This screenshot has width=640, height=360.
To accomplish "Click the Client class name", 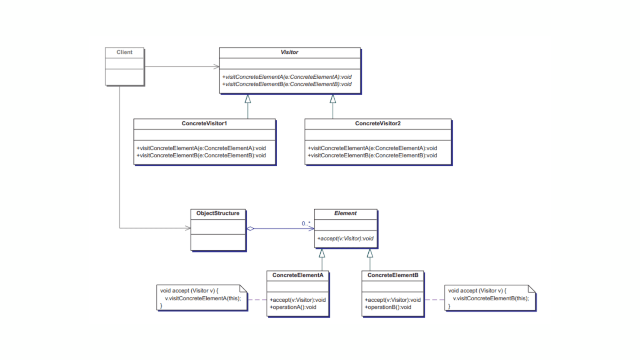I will point(124,52).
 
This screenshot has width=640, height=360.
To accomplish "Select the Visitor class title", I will point(289,52).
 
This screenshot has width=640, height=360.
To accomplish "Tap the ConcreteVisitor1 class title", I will point(204,124).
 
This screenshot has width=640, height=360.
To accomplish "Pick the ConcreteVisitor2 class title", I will point(377,124).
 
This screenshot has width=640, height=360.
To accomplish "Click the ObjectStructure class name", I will point(218,213).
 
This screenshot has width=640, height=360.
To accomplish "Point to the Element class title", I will point(345,213).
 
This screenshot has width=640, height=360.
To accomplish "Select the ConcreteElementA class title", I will point(297,275).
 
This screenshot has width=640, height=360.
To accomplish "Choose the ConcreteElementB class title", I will point(392,275).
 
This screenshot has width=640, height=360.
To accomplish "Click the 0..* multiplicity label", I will point(306,224).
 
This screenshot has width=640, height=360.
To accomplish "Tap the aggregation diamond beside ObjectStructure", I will point(250,229).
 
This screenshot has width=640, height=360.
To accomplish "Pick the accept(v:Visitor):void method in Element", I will point(345,239).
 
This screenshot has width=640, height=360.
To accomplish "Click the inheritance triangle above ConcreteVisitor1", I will point(248,99).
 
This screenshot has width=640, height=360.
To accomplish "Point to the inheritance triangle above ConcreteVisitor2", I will point(333,99).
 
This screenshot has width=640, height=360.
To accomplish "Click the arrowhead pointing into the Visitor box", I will point(216,67).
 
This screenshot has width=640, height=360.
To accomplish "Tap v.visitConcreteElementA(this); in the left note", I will point(203,299).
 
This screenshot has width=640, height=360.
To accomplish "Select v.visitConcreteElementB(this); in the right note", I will point(491,299).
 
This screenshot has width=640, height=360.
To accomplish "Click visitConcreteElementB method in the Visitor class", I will point(287,85).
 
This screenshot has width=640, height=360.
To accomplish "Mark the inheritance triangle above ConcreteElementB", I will point(370,253).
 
